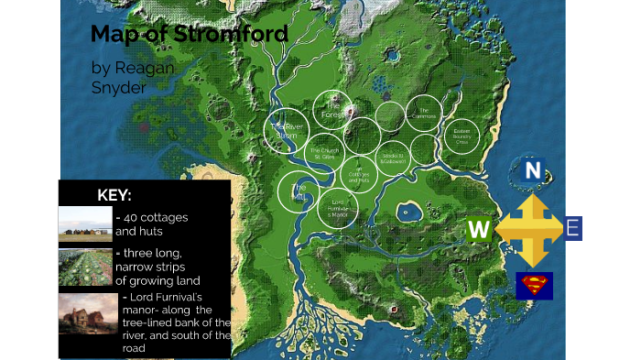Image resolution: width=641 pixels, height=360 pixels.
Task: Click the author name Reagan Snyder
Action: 133,78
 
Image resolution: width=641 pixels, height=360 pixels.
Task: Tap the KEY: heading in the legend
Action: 114,195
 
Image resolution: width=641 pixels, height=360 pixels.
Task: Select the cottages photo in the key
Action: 85,224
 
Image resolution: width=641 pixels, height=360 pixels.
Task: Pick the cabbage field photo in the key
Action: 85,267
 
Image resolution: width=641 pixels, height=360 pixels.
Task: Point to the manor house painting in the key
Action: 88,314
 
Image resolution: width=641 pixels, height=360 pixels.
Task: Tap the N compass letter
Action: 532,170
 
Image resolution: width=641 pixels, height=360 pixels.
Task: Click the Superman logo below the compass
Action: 534,286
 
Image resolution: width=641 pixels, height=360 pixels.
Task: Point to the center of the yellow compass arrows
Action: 529,229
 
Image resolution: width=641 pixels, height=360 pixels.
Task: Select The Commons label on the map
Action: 424,114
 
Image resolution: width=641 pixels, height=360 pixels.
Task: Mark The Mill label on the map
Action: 299,191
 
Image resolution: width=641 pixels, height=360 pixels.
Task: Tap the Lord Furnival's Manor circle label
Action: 338,209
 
